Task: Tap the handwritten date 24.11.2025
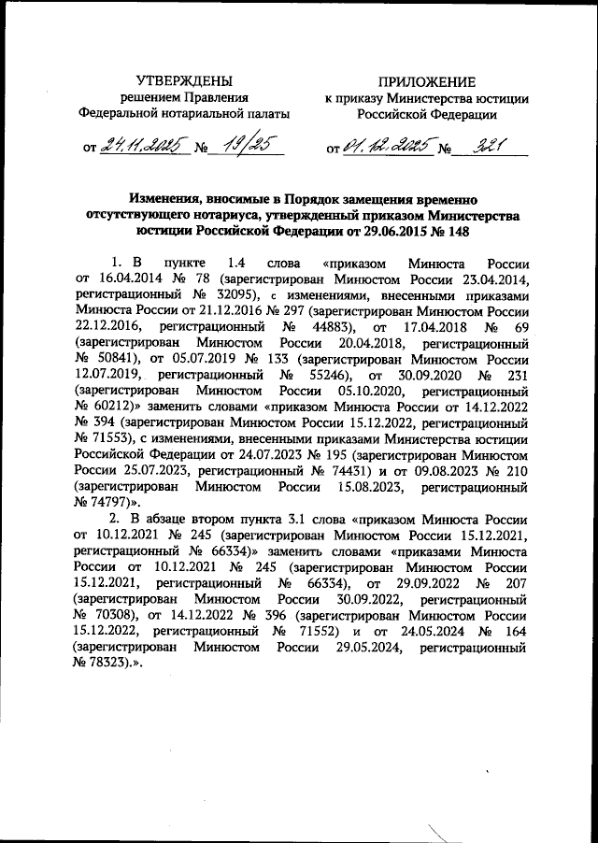(144, 146)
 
